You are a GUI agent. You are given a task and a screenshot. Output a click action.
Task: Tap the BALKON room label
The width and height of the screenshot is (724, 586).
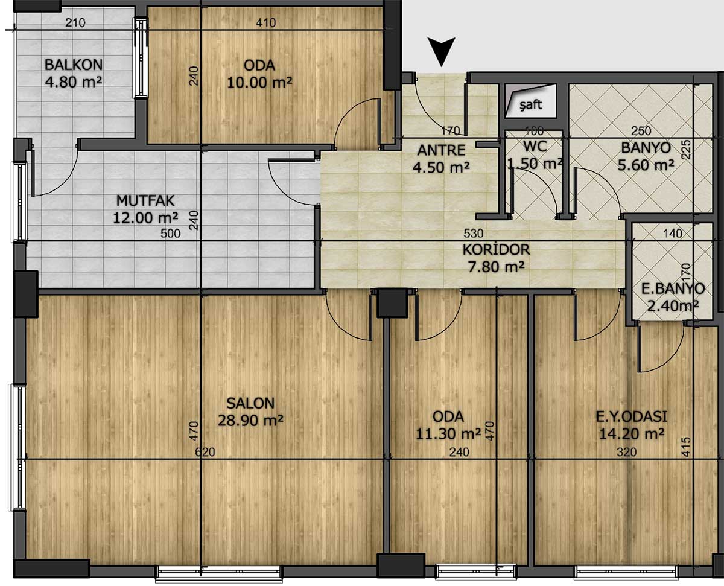coord(74,65)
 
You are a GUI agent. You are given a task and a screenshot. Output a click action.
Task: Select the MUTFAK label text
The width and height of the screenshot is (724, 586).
coord(145,200)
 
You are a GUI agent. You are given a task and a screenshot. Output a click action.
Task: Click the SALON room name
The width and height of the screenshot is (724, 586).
coord(250,403)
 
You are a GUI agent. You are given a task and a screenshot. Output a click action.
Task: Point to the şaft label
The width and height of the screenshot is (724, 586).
coord(531,104)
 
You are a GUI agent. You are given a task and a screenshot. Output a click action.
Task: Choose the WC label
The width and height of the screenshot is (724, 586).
coord(535,147)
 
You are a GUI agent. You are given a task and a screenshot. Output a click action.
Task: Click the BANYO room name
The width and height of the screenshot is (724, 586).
coord(646,148)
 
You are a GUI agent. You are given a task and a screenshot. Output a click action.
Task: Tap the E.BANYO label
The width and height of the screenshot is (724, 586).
coord(673,288)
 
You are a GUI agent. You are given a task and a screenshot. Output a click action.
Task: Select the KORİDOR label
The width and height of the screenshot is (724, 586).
coord(496,250)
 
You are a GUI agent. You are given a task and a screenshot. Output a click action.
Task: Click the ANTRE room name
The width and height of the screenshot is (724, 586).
coord(441,150)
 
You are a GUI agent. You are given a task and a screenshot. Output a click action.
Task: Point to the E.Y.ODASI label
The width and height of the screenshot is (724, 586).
coord(631,417)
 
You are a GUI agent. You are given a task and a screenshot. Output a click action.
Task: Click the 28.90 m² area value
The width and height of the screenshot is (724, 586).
coord(250,421)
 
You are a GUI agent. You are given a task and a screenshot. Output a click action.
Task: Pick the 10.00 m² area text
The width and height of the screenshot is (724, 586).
coord(259,82)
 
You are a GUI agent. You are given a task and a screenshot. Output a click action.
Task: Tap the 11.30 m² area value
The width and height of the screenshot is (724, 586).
coord(448,433)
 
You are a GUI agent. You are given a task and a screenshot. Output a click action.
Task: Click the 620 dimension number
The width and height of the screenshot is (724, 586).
coord(205,452)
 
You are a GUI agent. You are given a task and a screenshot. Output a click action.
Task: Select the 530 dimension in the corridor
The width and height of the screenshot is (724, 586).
coord(474,233)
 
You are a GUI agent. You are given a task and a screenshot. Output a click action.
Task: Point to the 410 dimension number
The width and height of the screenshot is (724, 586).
coord(265,23)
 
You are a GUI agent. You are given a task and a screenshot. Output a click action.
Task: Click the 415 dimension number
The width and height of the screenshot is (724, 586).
coord(686,447)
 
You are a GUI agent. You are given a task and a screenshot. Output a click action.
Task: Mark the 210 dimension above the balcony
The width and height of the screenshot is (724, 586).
coord(75,23)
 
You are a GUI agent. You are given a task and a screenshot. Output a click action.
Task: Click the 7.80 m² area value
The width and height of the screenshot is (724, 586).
coord(496,267)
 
